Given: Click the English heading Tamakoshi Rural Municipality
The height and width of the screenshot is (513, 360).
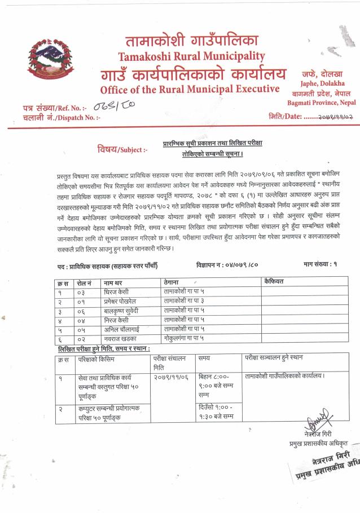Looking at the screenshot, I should (x=191, y=56).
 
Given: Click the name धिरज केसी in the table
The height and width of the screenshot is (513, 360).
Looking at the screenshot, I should (x=117, y=293).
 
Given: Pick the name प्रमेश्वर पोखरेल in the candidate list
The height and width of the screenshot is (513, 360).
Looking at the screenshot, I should (x=122, y=302).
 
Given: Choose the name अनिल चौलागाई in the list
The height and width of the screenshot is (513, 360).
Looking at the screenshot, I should (x=122, y=329).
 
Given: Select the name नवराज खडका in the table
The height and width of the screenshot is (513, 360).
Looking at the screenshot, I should (x=121, y=338).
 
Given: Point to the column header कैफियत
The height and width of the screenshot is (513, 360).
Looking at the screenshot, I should (x=274, y=281).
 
